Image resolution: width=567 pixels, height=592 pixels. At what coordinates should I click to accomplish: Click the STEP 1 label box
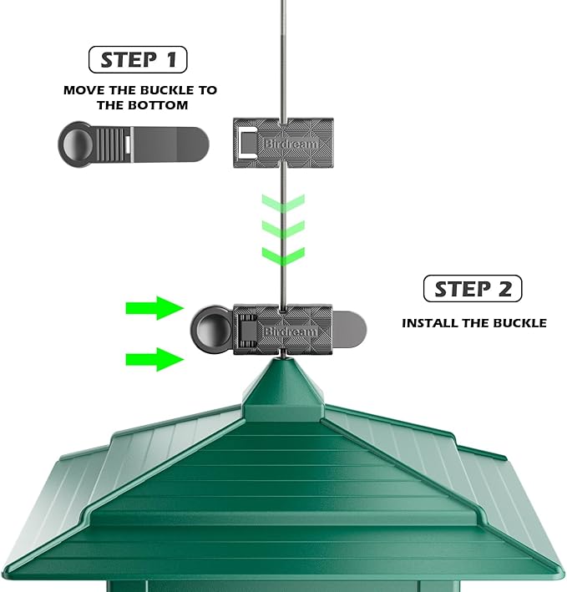point(138,59)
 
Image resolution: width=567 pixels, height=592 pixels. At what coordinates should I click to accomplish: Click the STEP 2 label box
point(473,288)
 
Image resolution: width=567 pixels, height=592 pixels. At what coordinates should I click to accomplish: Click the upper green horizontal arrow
point(154,308)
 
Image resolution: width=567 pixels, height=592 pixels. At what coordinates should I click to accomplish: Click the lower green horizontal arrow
point(154,359)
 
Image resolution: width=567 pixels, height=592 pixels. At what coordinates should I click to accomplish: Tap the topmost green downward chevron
point(283,204)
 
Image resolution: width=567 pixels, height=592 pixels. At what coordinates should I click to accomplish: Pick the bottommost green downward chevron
point(283,256)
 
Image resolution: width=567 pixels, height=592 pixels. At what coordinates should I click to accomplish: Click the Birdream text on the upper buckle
point(291,144)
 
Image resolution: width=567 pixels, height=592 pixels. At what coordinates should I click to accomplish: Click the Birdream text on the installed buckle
point(290,331)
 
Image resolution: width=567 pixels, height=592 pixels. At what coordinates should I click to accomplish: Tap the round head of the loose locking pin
point(76,144)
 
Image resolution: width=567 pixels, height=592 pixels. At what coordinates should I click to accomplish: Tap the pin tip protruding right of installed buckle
point(349,329)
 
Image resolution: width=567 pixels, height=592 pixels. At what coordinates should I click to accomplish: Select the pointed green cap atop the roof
point(283,389)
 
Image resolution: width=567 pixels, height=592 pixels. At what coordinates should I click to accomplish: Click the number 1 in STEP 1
point(172,59)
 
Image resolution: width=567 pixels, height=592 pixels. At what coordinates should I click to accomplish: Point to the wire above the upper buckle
point(283,59)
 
